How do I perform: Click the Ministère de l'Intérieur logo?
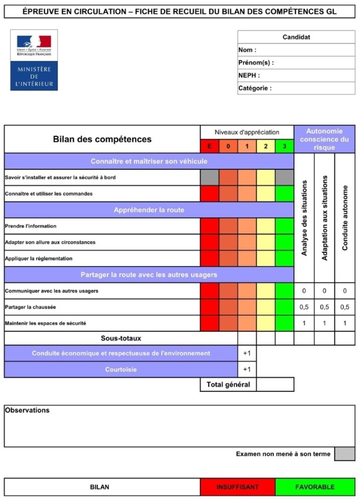tap(34, 61)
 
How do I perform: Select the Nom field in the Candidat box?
tap(296, 50)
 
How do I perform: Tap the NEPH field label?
tap(249, 76)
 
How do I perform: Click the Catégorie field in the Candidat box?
tap(296, 88)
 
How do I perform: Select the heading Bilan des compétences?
tap(102, 139)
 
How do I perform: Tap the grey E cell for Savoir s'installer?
tap(209, 178)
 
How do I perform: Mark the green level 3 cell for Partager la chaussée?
tap(284, 307)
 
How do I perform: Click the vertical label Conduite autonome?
tap(345, 217)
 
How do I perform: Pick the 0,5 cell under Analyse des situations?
tap(304, 307)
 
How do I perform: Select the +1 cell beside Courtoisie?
tap(247, 370)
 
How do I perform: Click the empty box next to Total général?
tap(275, 384)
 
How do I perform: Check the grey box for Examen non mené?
tap(345, 454)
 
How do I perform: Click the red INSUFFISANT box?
tap(237, 487)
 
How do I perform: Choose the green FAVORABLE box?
tap(315, 487)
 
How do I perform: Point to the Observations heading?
tap(27, 410)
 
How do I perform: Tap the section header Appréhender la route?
tap(149, 210)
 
